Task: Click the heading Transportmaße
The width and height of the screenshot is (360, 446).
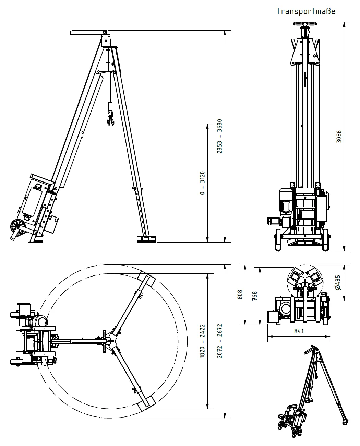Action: (x=306, y=11)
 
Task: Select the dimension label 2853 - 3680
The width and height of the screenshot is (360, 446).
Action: (x=220, y=136)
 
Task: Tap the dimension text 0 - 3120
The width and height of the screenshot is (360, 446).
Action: (x=202, y=183)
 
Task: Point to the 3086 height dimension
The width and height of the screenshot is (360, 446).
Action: (x=339, y=137)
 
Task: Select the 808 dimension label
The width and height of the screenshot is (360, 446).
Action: (x=240, y=294)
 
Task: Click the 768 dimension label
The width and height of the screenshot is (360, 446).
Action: (x=254, y=295)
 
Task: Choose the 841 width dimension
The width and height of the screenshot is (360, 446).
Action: (x=299, y=331)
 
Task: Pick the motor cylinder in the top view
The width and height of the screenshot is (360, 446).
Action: (x=41, y=321)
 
